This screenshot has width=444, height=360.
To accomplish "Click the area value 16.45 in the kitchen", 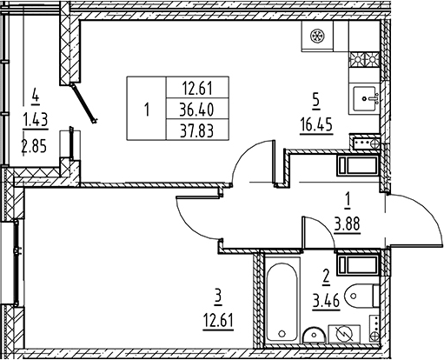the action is coord(316,125).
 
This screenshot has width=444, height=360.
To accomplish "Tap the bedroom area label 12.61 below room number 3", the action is coord(218,321).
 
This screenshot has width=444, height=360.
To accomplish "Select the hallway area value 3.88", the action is coord(347,224).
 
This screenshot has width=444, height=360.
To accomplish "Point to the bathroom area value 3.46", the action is coord(326,302).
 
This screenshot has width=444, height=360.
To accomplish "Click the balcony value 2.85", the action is coord(34,146).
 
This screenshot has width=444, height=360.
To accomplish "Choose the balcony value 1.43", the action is coord(36,120).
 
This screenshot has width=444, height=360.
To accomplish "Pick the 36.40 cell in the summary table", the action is coord(196,110).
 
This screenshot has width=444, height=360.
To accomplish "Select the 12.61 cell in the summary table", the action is coord(197,89).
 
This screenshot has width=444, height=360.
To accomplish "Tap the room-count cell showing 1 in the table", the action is coord(147,110).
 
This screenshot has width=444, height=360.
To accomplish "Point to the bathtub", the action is coord(282,302).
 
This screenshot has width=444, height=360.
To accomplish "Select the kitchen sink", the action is coord(364,98).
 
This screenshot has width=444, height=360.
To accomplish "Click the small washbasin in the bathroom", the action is coord(315,336).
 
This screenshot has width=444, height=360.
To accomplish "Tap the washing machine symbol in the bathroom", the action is coord(344,334).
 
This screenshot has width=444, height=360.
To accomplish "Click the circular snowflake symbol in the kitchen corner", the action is coord(317,36).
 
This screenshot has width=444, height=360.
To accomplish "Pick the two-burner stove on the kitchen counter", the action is coord(364,59).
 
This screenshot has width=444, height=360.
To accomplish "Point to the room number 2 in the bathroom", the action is coord(326,276).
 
